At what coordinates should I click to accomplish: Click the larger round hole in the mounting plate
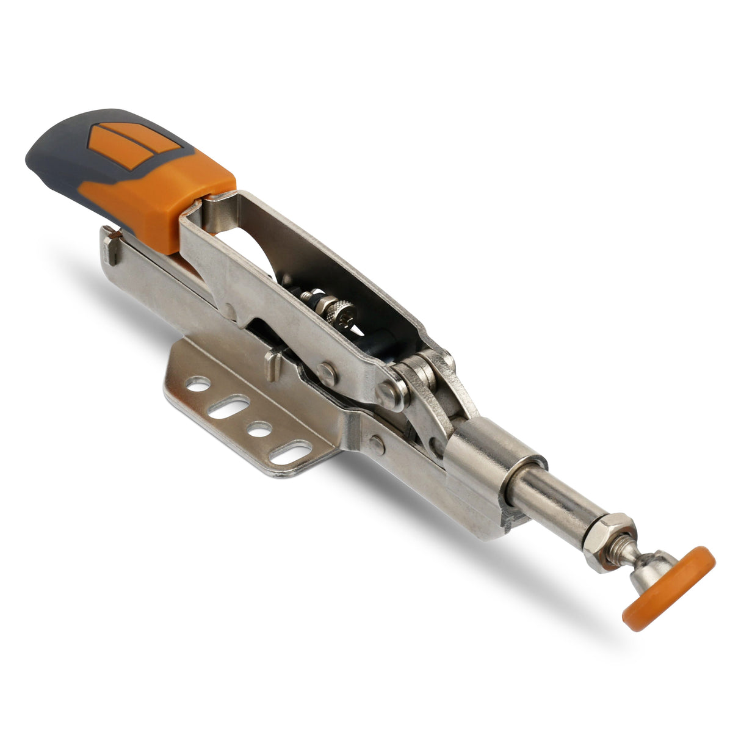[198, 385]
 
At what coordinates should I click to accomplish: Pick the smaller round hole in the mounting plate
[260, 430]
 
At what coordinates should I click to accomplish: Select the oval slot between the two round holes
[229, 407]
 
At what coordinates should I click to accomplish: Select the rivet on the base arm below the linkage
[377, 445]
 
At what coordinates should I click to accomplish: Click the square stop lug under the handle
[109, 247]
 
